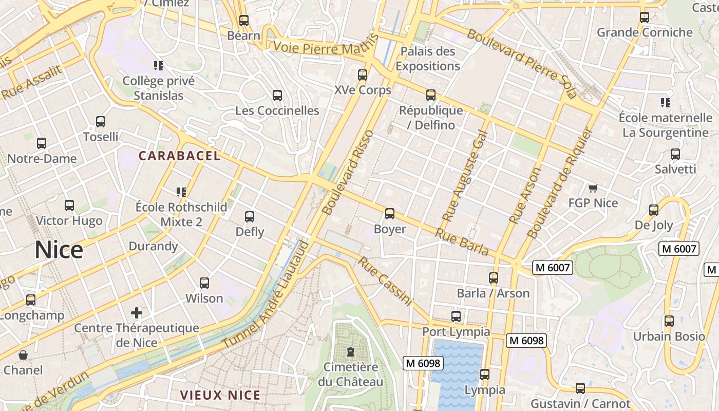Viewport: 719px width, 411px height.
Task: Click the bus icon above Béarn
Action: (244, 21)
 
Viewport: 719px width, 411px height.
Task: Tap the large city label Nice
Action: (59, 250)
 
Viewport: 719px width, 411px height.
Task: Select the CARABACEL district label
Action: (180, 156)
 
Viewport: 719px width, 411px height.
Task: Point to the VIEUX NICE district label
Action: (220, 395)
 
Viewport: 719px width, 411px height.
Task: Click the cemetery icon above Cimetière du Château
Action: (351, 352)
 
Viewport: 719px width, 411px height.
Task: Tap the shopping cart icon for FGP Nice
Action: (593, 189)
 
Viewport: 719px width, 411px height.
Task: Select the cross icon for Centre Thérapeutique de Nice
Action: (137, 312)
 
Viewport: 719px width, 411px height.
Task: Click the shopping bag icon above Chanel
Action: (23, 355)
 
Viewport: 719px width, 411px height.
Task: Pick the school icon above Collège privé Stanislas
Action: (159, 66)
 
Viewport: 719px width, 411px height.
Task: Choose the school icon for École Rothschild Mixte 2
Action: (181, 192)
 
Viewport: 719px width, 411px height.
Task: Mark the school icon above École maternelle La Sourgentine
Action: (666, 103)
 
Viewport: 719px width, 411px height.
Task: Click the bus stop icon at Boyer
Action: (390, 214)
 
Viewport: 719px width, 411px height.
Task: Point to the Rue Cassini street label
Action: (385, 282)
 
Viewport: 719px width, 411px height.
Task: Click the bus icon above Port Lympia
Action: (456, 316)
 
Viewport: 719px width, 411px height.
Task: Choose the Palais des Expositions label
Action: (427, 59)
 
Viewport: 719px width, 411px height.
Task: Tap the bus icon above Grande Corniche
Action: (645, 17)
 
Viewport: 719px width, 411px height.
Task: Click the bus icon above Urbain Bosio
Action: (669, 321)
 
